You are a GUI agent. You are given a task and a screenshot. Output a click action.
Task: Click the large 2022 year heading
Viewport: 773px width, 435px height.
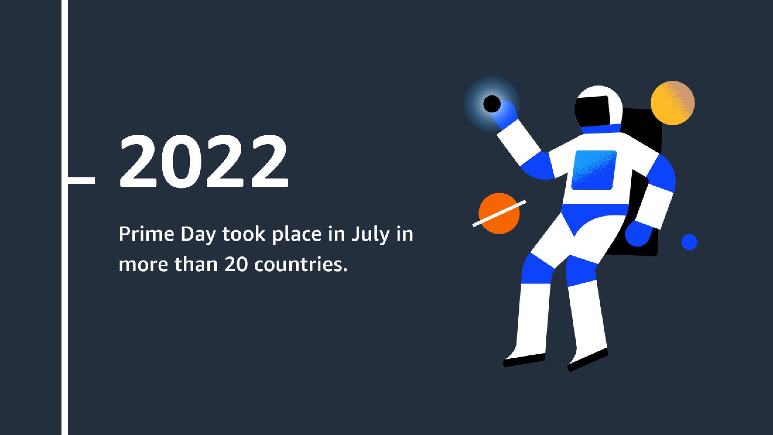(204, 161)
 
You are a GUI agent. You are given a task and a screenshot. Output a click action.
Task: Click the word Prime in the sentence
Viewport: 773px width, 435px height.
(146, 234)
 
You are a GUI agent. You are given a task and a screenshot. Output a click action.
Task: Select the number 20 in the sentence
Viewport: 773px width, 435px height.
(237, 264)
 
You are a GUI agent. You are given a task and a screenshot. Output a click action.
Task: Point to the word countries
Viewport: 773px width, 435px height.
(301, 264)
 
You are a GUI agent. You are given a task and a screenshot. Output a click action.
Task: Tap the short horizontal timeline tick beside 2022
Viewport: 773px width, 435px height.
(81, 180)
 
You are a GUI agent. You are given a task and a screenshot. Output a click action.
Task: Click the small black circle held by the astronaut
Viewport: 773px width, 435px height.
(492, 104)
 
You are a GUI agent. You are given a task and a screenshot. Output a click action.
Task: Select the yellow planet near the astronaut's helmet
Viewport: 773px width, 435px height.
(673, 103)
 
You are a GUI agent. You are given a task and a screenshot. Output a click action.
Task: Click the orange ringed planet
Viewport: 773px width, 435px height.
(499, 213)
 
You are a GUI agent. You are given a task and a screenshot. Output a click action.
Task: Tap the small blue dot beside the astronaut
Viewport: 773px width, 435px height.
(689, 242)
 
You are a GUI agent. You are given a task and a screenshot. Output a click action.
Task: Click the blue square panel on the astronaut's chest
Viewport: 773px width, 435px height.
(594, 170)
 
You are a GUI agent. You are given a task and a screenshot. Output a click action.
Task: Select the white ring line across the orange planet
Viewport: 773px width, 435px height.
(499, 213)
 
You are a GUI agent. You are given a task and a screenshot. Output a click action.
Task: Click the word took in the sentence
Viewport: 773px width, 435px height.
(244, 234)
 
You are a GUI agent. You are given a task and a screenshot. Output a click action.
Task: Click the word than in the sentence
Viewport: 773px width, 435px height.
(196, 264)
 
